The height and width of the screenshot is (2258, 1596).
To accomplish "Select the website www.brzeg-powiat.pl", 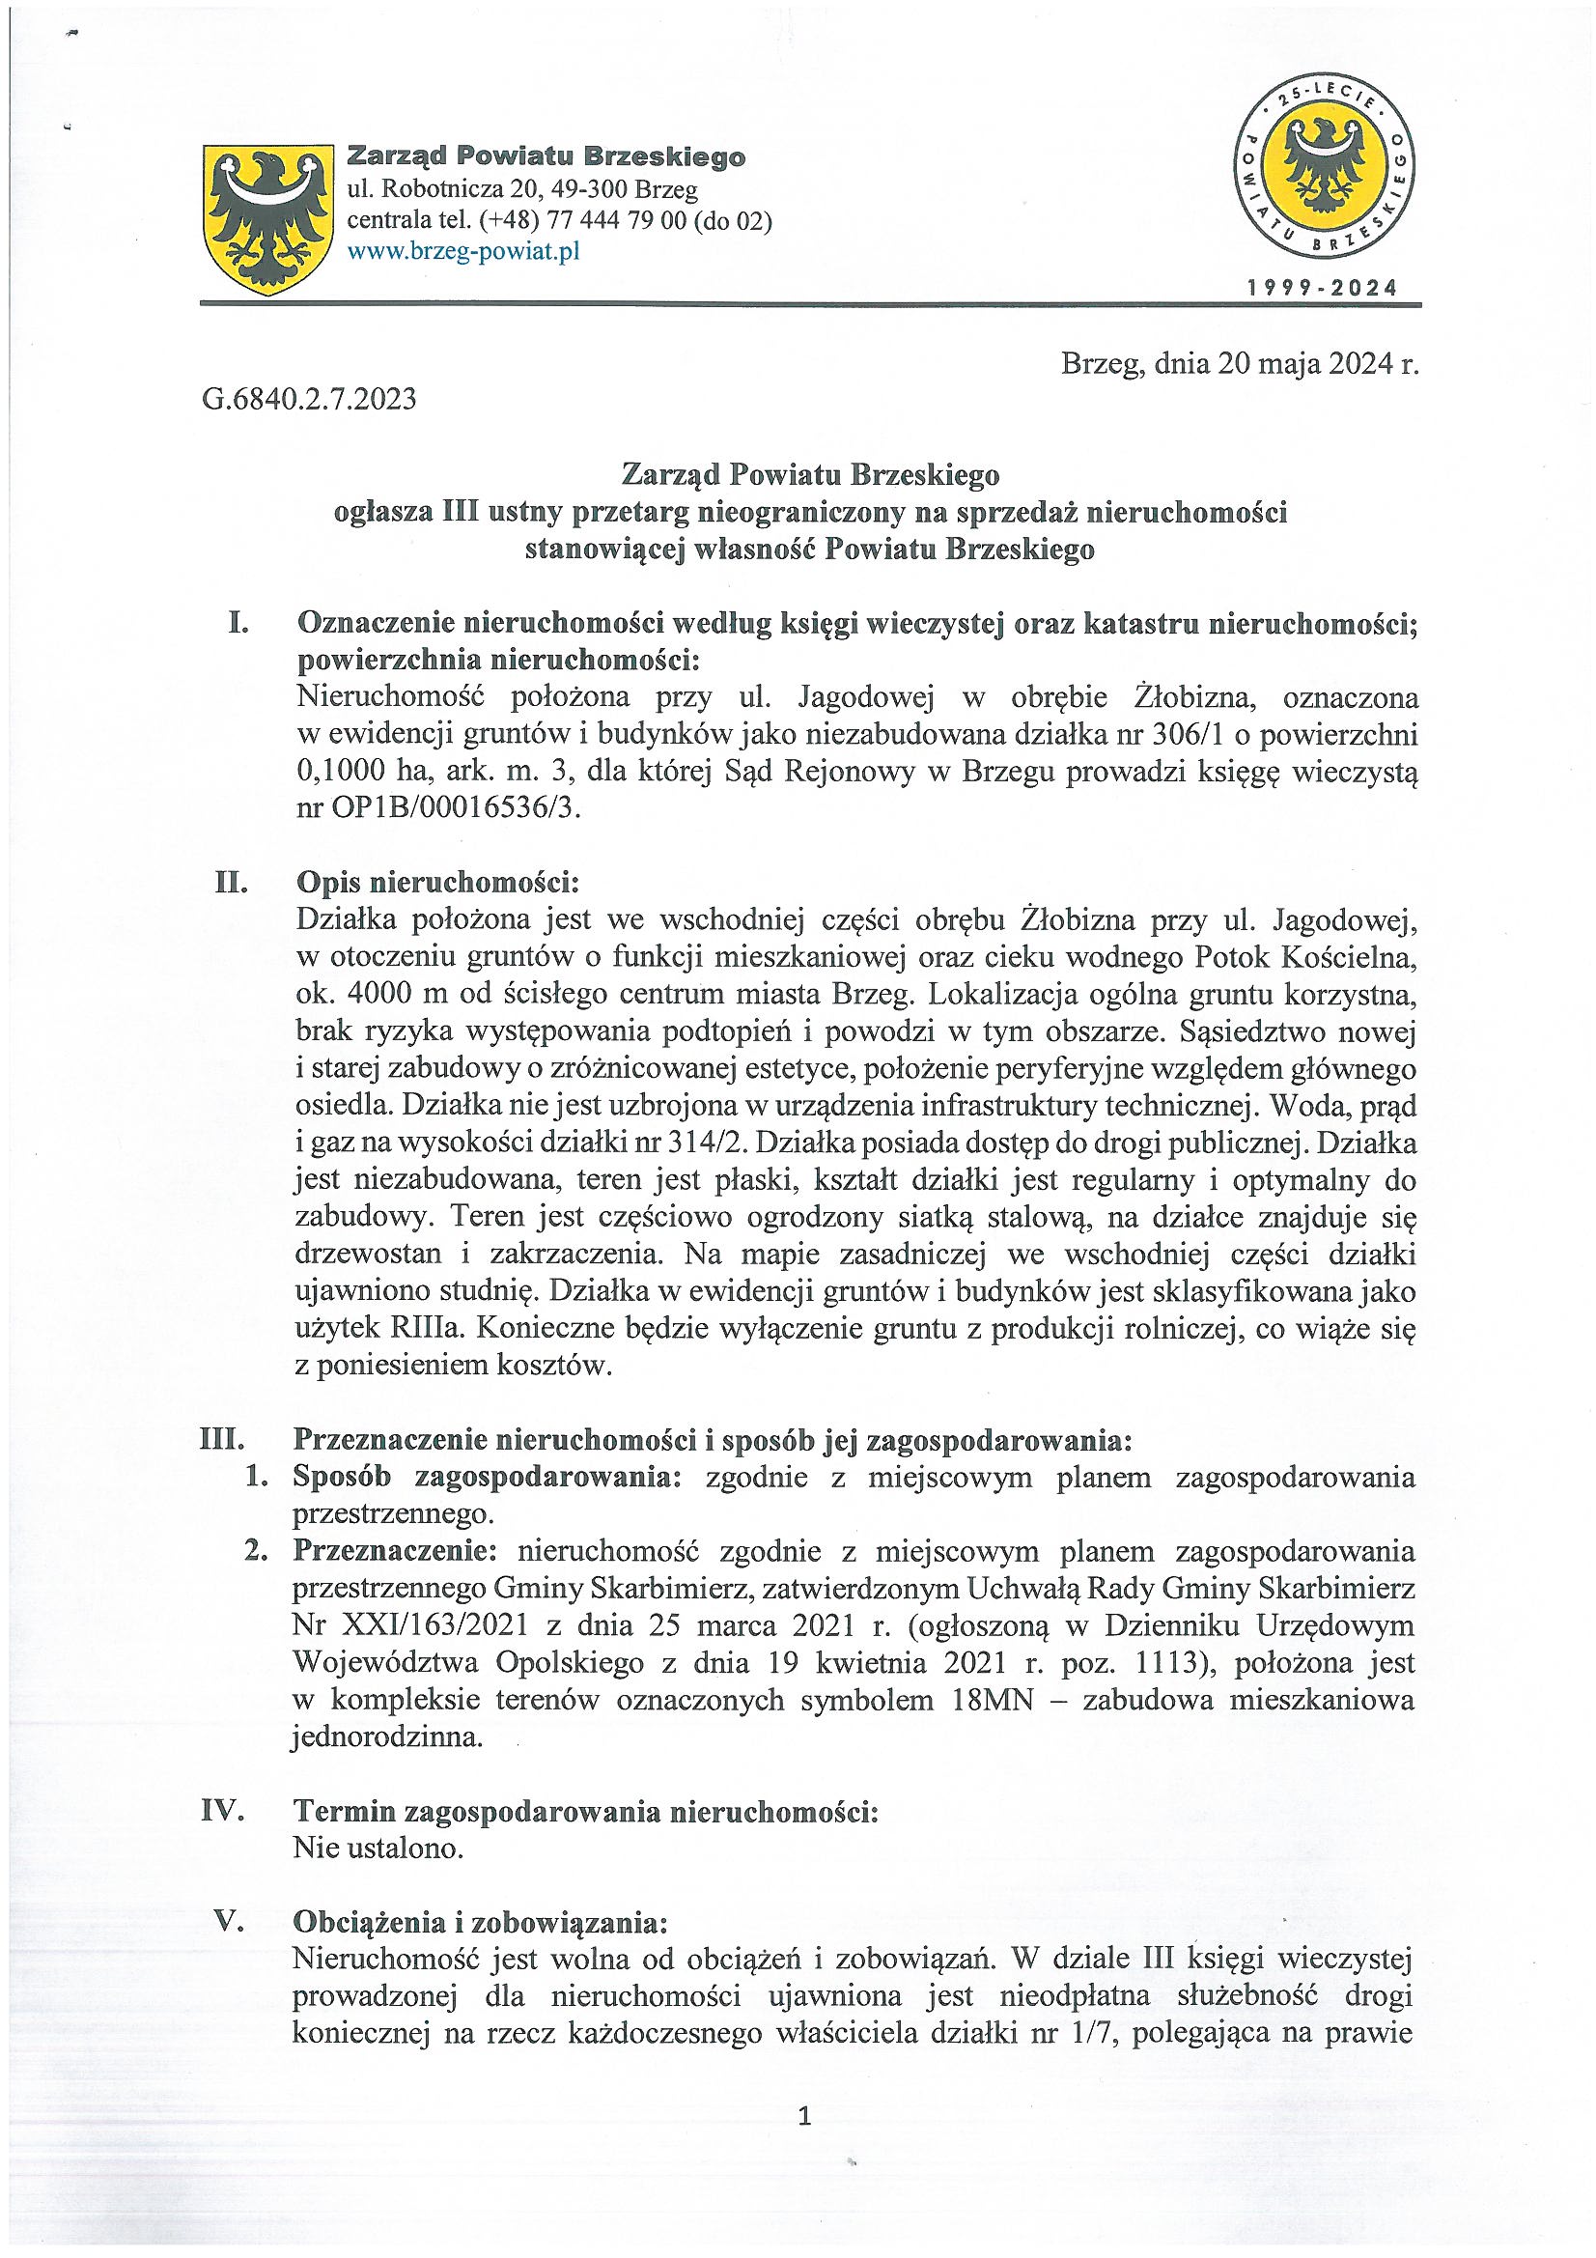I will coord(462,253).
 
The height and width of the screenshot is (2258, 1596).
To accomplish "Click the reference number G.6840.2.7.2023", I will coord(310,400).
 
